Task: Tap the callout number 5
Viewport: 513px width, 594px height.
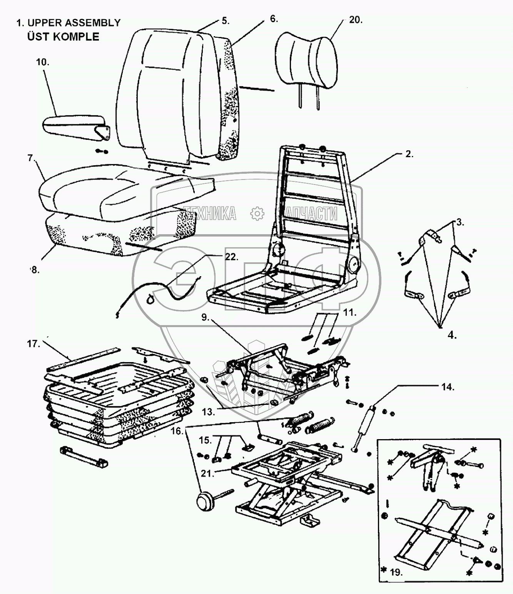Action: [225, 21]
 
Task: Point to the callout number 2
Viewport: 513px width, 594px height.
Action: [409, 154]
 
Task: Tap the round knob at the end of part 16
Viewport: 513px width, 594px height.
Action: [204, 502]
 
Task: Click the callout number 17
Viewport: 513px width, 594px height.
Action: [34, 344]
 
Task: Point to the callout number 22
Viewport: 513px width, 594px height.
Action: [231, 257]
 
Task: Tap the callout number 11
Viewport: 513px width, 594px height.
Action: [350, 312]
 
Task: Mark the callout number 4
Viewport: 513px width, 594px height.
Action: [452, 335]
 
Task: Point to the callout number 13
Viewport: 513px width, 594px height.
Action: [208, 411]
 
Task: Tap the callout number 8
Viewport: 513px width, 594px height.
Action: [35, 270]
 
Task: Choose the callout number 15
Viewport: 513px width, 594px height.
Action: [206, 440]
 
